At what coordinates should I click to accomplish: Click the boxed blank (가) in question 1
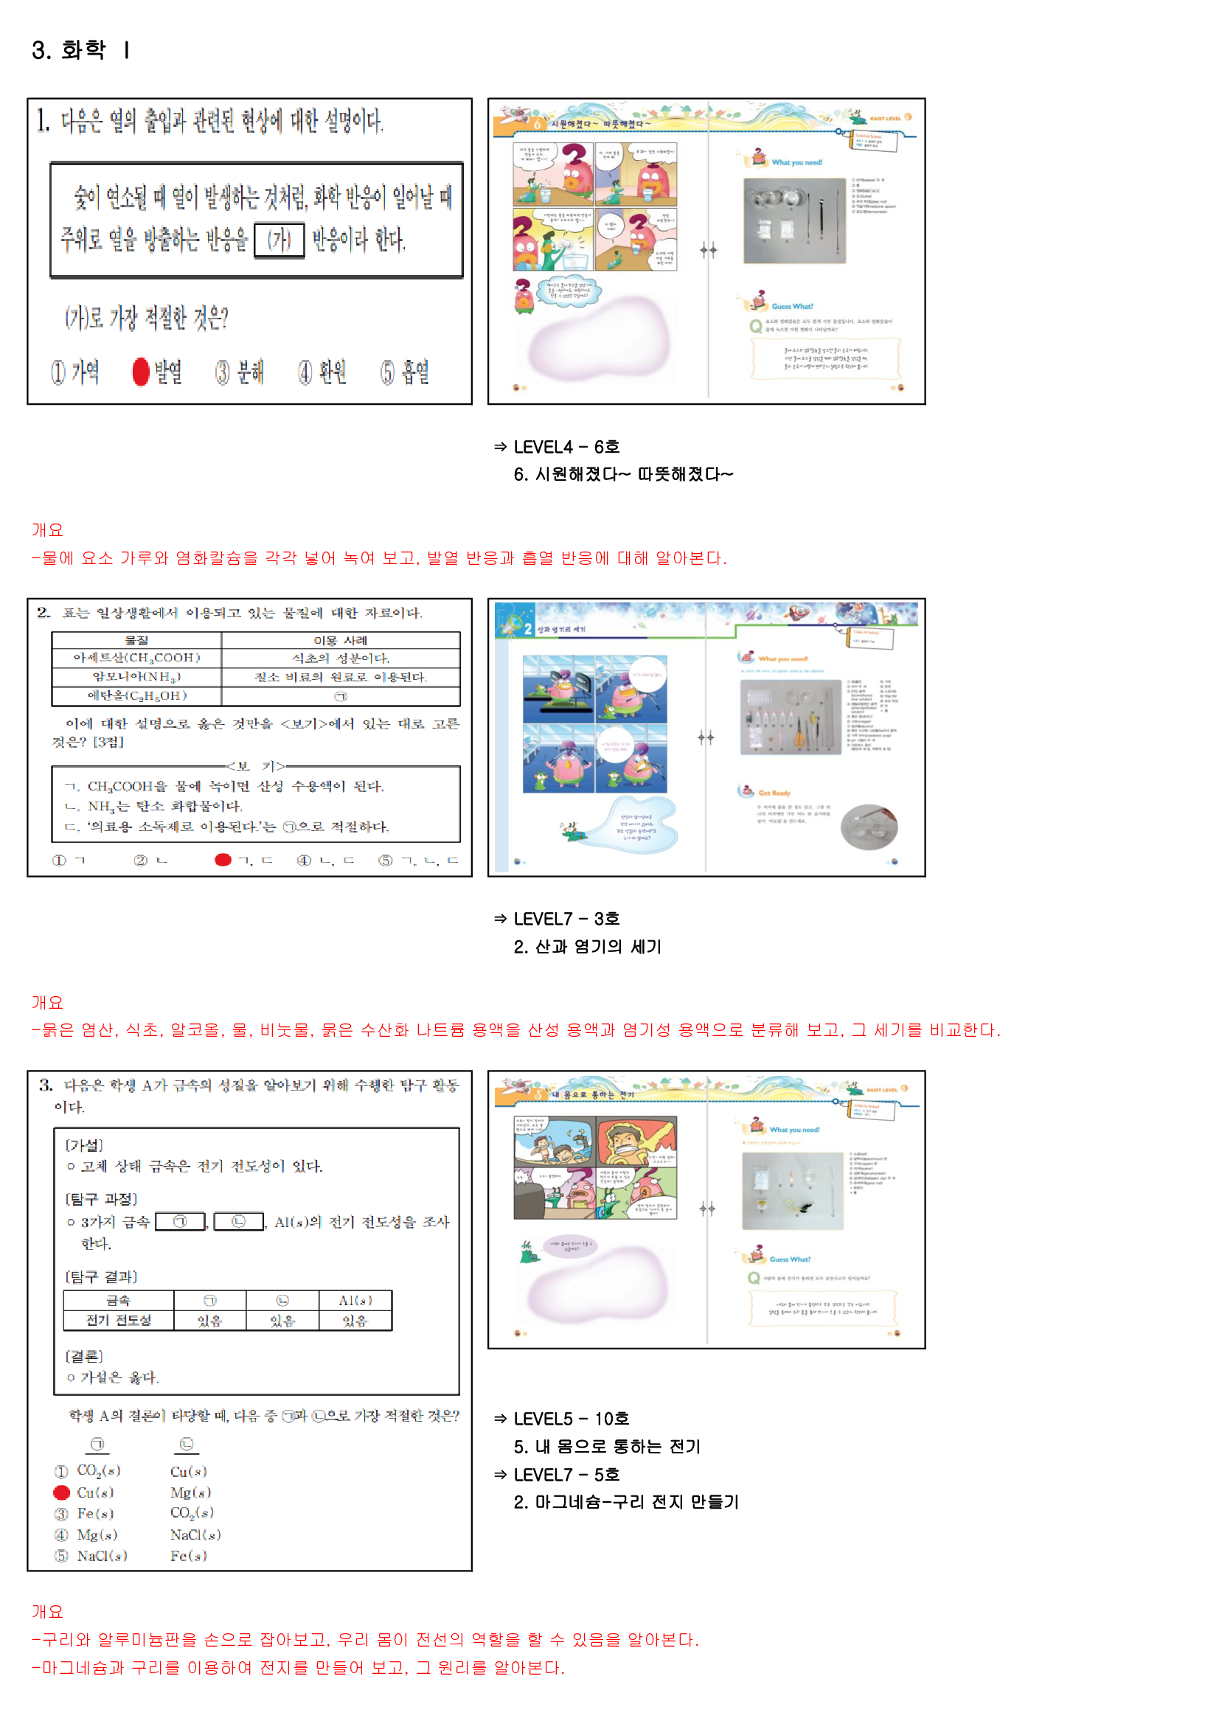(x=279, y=240)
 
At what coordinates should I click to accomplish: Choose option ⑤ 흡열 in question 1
(x=405, y=372)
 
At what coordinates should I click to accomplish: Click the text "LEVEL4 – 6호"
(x=566, y=448)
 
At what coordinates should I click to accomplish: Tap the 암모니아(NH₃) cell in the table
(x=136, y=677)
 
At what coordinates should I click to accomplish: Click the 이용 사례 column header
(x=340, y=641)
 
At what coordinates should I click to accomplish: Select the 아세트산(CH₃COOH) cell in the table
(x=136, y=658)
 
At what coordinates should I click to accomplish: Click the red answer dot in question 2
(x=222, y=860)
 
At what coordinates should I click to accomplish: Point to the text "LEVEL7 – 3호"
(x=566, y=919)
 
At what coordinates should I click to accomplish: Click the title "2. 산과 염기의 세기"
(x=587, y=947)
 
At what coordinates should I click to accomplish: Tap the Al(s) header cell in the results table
(x=355, y=1301)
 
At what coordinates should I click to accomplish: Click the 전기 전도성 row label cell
(x=119, y=1320)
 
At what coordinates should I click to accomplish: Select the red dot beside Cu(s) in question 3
(x=62, y=1492)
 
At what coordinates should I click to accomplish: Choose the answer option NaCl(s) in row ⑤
(x=103, y=1556)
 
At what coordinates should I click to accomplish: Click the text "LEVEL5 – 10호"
(x=571, y=1419)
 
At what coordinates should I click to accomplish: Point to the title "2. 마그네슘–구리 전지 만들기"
(x=626, y=1503)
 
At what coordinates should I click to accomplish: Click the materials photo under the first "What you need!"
(x=794, y=220)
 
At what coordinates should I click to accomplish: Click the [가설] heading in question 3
(x=84, y=1145)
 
